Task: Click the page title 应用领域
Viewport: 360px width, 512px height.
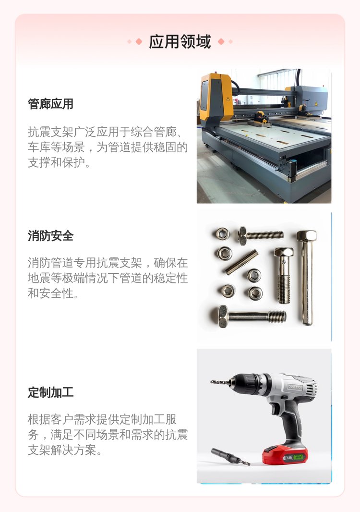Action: (180, 42)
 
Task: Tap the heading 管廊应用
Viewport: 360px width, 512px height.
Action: (50, 104)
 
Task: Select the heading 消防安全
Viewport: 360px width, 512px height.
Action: (50, 236)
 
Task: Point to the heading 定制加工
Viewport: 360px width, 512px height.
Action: (50, 392)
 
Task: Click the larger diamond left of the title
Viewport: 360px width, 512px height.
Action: (139, 42)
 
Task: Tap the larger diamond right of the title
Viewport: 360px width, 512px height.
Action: (221, 42)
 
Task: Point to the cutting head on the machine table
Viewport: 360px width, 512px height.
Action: (261, 118)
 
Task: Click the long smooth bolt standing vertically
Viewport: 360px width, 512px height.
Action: (306, 278)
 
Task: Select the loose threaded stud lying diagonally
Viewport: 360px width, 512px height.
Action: (241, 262)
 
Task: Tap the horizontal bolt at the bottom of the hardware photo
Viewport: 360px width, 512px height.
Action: (252, 317)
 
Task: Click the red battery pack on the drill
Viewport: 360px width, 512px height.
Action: (285, 454)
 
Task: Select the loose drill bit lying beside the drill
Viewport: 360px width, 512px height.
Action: (230, 456)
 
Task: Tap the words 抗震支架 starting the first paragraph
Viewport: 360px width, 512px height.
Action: (50, 132)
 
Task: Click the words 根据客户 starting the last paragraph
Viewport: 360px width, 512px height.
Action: (50, 419)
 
